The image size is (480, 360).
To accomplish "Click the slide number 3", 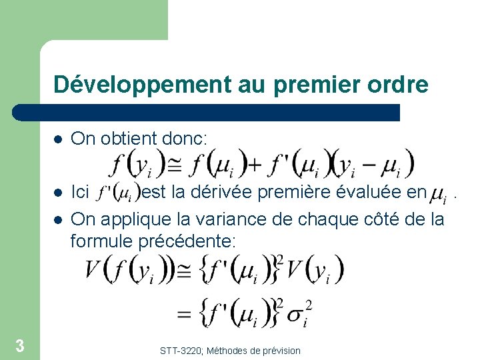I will (x=20, y=345).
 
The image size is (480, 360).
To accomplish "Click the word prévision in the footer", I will (x=279, y=351).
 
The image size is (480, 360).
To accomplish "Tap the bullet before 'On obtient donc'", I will (x=58, y=139).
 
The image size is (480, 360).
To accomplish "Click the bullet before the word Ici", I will (x=58, y=194).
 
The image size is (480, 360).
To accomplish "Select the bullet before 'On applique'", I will (x=58, y=219).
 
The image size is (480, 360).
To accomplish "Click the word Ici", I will (x=80, y=193).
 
